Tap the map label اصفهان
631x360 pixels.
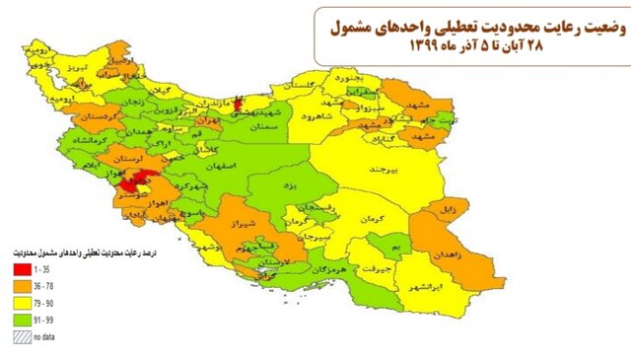coord(223,169)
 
